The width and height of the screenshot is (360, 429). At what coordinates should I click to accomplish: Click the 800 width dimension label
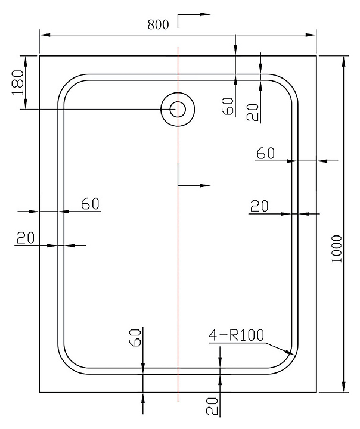[158, 24]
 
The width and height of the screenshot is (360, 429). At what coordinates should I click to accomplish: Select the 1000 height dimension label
[337, 248]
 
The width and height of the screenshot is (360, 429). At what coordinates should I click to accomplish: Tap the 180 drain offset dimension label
[18, 82]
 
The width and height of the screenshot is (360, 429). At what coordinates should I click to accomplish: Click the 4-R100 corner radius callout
[236, 335]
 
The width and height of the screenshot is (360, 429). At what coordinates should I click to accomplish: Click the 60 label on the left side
[90, 204]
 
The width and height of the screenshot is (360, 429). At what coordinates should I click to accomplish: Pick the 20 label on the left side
[26, 238]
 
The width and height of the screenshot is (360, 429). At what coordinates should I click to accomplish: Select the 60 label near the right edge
[266, 153]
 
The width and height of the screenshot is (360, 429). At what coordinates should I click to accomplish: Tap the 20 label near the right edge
[259, 206]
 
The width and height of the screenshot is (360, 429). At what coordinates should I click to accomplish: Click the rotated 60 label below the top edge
[228, 106]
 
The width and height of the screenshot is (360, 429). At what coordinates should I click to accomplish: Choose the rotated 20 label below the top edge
[252, 113]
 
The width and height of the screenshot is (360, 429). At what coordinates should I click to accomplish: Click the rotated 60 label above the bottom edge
[135, 338]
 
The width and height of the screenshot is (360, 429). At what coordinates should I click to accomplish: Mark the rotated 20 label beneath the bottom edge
[212, 406]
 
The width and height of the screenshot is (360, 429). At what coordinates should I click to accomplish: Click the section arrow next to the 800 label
[194, 20]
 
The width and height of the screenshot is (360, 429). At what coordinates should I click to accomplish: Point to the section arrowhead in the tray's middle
[205, 185]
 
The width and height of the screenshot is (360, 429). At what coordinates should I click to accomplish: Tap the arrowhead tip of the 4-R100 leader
[294, 355]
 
